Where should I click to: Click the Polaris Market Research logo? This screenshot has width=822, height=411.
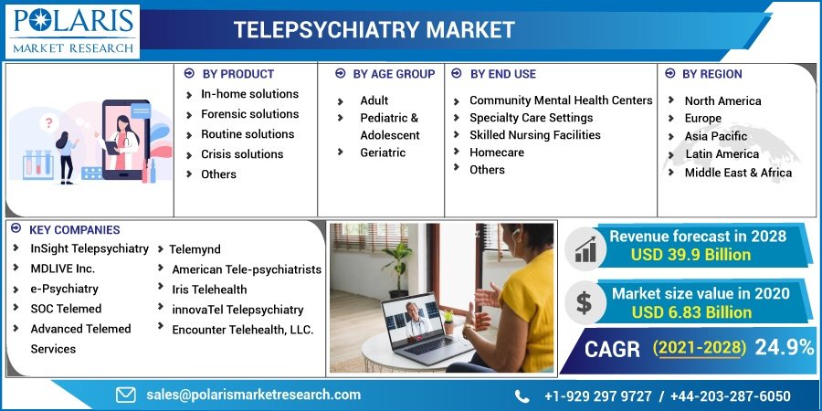[73, 31]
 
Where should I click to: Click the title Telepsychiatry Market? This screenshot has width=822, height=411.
[374, 29]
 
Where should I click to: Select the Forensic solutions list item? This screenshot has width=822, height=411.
[249, 114]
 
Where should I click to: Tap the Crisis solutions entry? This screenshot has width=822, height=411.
[242, 154]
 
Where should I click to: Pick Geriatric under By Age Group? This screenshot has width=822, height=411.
[383, 153]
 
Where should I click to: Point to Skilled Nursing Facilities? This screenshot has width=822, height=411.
[534, 135]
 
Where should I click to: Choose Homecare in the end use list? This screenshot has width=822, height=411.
[497, 152]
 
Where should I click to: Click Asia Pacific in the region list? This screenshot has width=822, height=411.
[715, 136]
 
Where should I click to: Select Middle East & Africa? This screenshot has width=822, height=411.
[738, 173]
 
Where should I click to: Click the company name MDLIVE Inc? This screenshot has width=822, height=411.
[63, 269]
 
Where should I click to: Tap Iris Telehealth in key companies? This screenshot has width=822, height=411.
[209, 289]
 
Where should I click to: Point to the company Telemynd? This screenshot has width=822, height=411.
[195, 249]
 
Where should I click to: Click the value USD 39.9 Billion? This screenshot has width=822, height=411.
[690, 255]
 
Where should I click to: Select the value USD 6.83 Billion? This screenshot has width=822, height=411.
[691, 312]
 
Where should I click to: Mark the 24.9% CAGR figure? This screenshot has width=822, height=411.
[784, 346]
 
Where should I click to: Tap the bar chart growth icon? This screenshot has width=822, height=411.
[585, 249]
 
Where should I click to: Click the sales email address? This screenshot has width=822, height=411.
[253, 395]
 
